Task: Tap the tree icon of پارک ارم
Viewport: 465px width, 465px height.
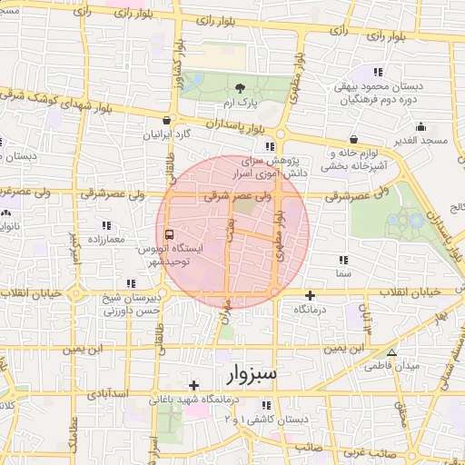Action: point(240,88)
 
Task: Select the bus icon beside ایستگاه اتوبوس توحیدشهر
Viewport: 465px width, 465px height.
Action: point(173,232)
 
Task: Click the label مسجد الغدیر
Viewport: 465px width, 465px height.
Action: point(424,142)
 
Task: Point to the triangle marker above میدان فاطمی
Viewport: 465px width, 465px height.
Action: point(391,352)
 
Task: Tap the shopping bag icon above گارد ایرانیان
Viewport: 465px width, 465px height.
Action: point(165,119)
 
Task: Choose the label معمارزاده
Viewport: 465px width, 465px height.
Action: point(104,237)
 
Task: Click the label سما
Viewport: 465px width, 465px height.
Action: point(342,272)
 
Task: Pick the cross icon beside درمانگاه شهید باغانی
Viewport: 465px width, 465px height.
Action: point(193,386)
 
